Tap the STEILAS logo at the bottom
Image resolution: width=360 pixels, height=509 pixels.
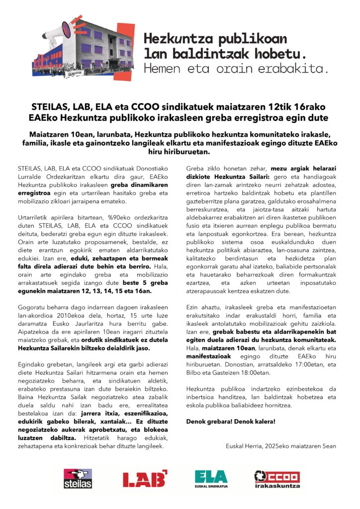(78, 479)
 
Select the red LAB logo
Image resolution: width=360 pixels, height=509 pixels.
(145, 479)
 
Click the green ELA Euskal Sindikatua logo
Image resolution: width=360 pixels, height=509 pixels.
(211, 479)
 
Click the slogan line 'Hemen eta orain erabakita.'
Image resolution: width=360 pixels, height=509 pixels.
(236, 69)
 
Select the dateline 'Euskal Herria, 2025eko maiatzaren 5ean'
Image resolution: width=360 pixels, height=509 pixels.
(280, 446)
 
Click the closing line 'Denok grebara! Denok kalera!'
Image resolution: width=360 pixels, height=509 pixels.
(230, 422)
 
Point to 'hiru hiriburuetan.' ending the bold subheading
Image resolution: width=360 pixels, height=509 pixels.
(180, 152)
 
